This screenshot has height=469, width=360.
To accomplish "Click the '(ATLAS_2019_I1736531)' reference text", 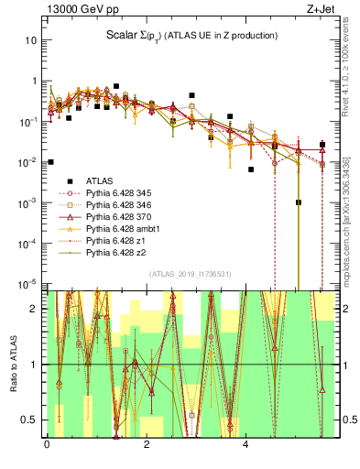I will (x=190, y=274).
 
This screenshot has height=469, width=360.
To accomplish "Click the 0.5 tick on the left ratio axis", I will (x=29, y=420).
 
